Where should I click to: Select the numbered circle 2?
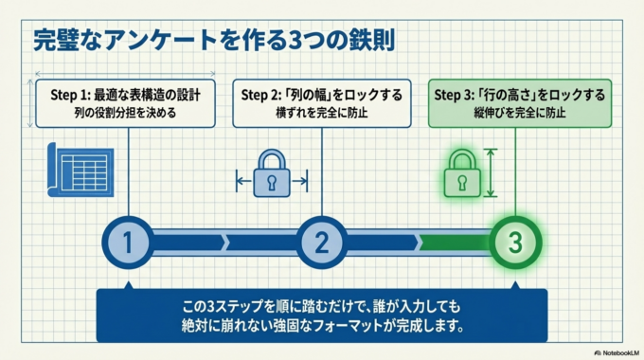(x=321, y=242)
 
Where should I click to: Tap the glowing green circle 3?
(x=515, y=242)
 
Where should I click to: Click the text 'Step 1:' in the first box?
(x=69, y=95)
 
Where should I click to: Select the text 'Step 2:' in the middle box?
(x=260, y=95)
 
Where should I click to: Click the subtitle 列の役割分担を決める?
(x=126, y=114)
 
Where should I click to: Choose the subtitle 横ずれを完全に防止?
(x=321, y=114)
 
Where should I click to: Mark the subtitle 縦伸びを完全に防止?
(x=515, y=114)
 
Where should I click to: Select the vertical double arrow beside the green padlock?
(x=491, y=173)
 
